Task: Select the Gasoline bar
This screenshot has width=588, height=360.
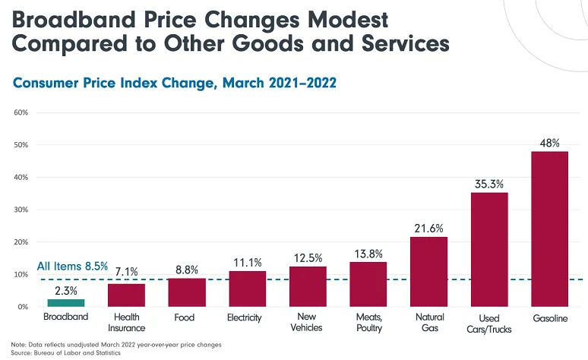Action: [x=549, y=229]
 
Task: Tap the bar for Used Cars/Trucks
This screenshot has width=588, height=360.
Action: [x=488, y=249]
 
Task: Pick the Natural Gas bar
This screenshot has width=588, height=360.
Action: [x=428, y=271]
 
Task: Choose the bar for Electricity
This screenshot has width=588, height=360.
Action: [x=247, y=289]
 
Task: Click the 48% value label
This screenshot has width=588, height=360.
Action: [x=549, y=142]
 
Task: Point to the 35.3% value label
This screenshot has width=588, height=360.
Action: [x=488, y=183]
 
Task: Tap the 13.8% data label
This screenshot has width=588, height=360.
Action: [x=368, y=253]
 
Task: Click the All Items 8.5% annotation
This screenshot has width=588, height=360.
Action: [x=72, y=267]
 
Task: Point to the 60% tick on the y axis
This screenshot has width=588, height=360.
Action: [x=21, y=112]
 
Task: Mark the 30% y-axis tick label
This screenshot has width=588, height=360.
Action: [x=21, y=210]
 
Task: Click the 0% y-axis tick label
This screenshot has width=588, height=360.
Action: [x=23, y=307]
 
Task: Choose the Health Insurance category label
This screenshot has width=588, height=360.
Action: [x=125, y=322]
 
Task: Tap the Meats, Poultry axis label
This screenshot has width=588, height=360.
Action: [x=368, y=322]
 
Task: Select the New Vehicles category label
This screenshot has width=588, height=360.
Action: [x=307, y=322]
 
